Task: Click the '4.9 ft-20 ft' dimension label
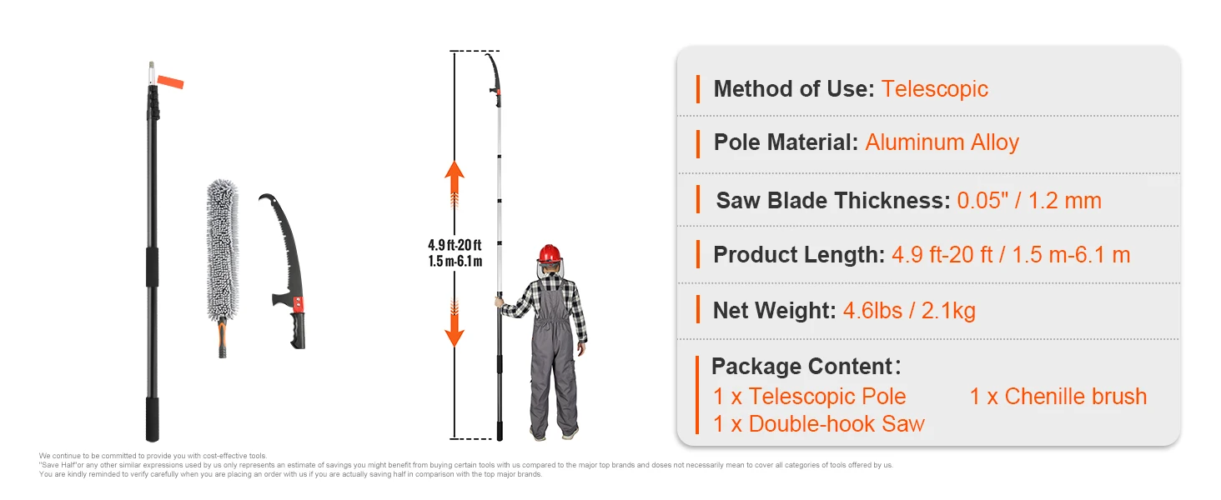pyautogui.click(x=455, y=245)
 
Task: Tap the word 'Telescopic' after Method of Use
pyautogui.click(x=934, y=89)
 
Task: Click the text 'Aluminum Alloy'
pyautogui.click(x=942, y=142)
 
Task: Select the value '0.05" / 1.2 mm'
pyautogui.click(x=1028, y=201)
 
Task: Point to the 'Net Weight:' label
pyautogui.click(x=774, y=312)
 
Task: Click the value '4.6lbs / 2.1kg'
pyautogui.click(x=909, y=312)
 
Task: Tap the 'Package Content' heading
pyautogui.click(x=801, y=367)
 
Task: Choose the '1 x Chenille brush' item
pyautogui.click(x=1058, y=397)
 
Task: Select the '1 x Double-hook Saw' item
pyautogui.click(x=818, y=424)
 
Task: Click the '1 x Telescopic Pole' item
pyautogui.click(x=809, y=397)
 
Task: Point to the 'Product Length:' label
pyautogui.click(x=798, y=255)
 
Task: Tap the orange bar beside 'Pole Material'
pyautogui.click(x=698, y=143)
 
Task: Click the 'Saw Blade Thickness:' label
pyautogui.click(x=832, y=201)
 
